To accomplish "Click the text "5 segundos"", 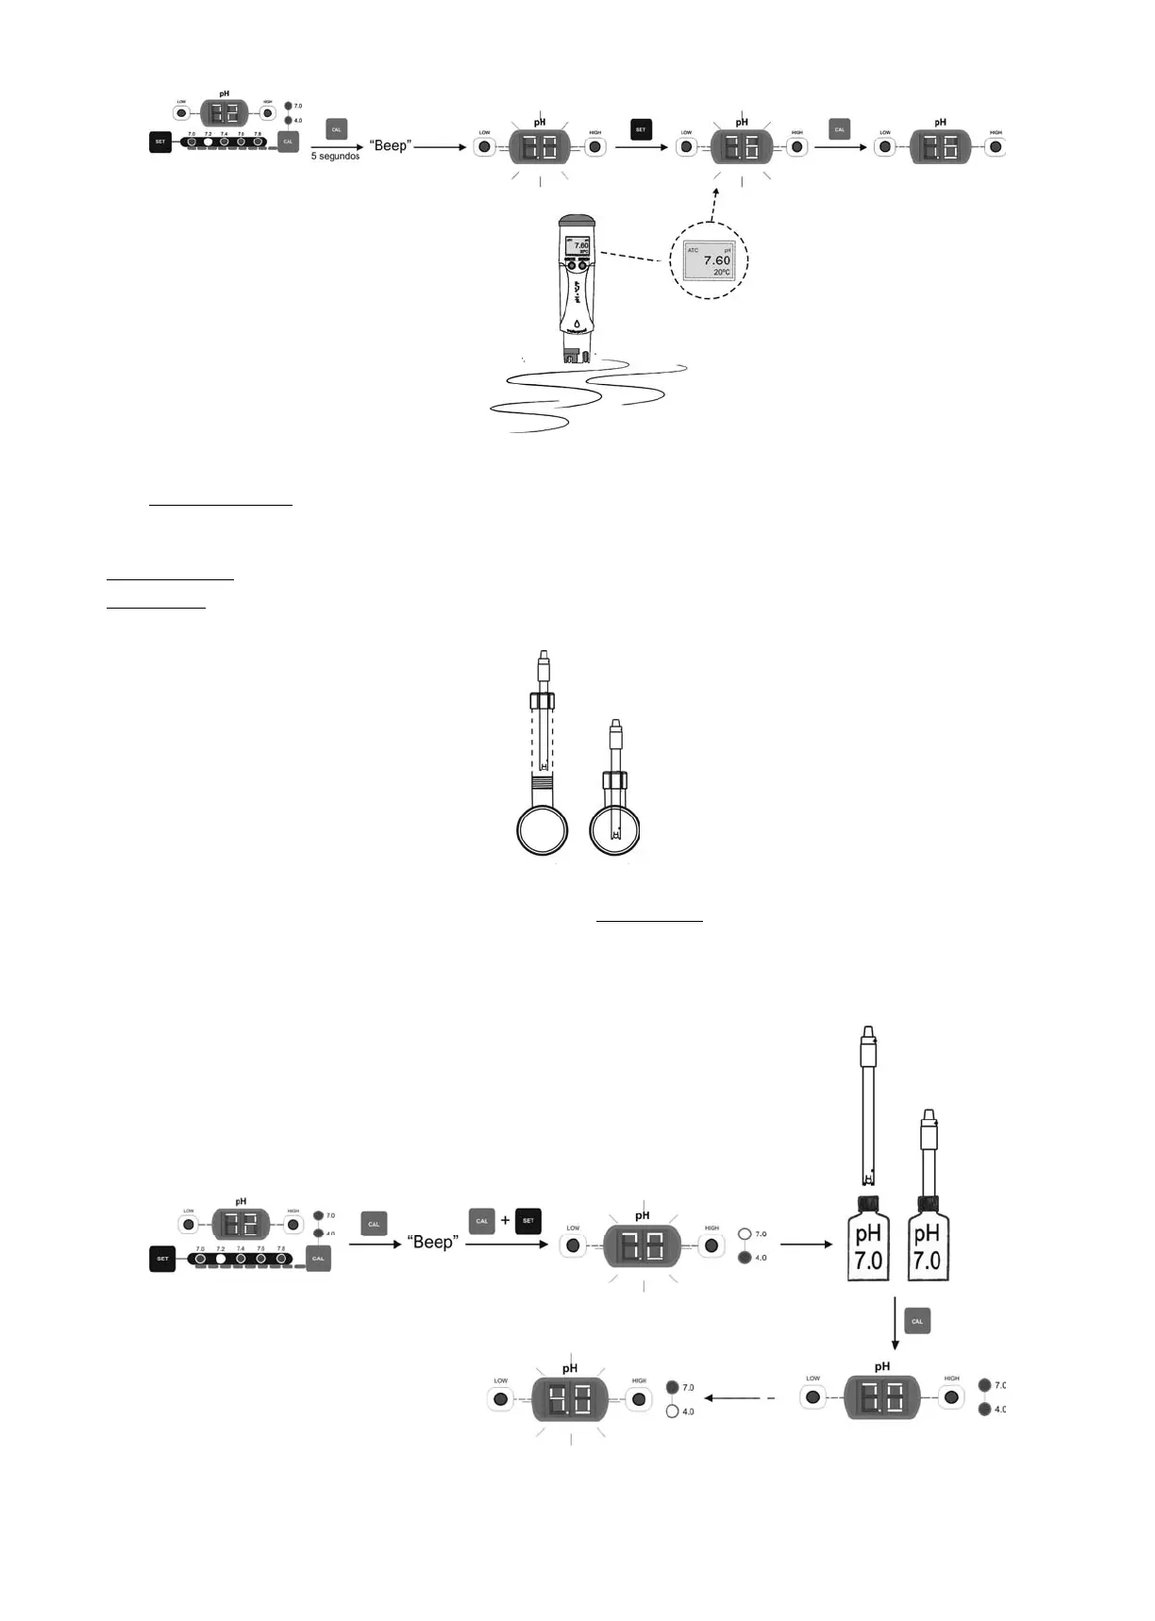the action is (335, 157).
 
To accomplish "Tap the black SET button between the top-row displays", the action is (641, 129).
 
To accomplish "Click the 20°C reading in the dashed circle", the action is (721, 273).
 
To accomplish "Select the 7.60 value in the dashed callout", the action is (716, 260).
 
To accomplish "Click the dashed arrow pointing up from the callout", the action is (714, 203).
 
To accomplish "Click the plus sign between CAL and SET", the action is (505, 1220).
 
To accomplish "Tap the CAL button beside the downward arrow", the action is (916, 1321).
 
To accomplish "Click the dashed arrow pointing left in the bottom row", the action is (741, 1398).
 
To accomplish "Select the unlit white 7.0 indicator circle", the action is (744, 1233).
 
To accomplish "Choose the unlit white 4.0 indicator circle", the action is (672, 1412).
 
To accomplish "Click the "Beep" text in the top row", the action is (391, 146).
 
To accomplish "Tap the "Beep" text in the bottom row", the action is (432, 1243).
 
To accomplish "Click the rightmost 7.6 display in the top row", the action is (940, 147).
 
